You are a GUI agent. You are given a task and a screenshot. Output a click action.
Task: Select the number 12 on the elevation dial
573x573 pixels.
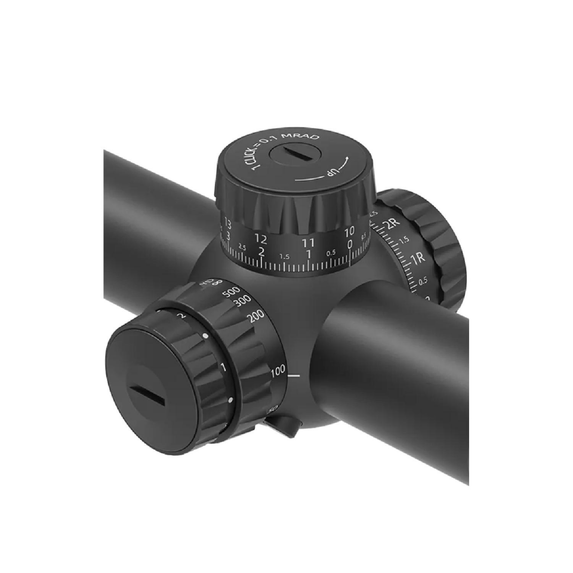pos(261,238)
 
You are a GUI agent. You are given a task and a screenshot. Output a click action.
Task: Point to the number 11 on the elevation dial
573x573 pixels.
pos(307,242)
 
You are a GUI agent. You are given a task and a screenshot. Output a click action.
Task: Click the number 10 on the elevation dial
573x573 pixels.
pos(349,230)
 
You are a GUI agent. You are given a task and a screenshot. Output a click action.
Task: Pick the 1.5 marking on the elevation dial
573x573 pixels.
pos(285,257)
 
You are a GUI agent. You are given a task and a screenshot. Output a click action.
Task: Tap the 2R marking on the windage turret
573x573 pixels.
pos(391,225)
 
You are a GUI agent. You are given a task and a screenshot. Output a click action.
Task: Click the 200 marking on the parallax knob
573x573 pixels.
pos(255,317)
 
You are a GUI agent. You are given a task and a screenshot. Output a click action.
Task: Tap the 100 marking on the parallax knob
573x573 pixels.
pos(278,372)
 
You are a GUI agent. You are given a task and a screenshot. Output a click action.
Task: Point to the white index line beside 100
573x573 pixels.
pos(294,375)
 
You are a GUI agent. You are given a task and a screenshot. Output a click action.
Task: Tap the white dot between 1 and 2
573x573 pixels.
pos(206,337)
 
